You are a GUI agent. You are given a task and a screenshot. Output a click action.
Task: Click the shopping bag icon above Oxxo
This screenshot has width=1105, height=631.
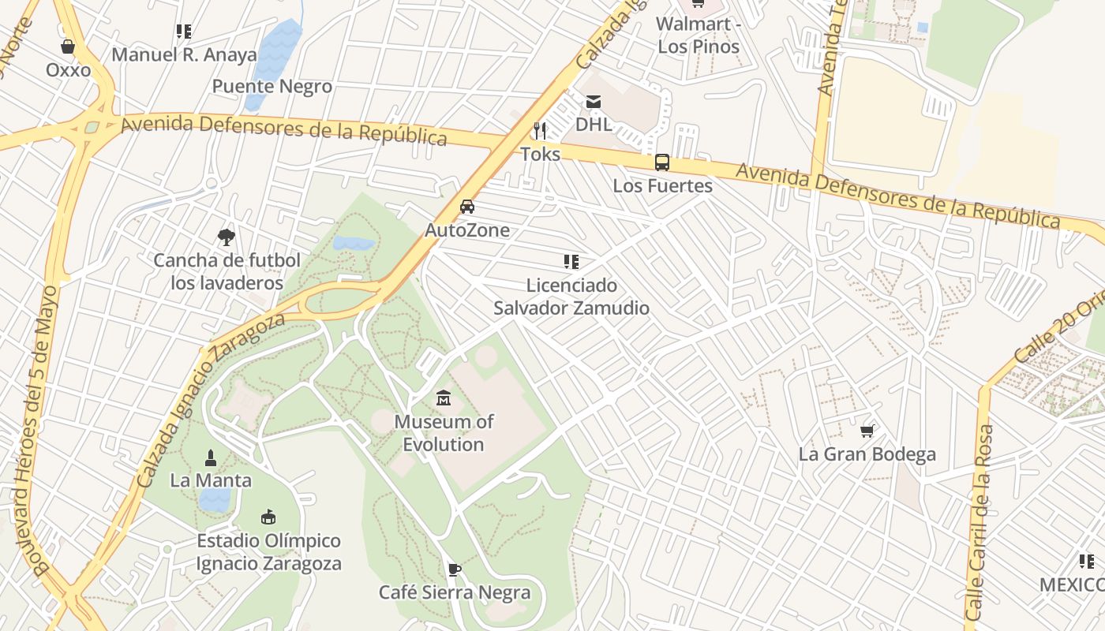click(68, 47)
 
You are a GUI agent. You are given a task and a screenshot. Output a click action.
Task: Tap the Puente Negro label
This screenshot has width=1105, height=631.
click(272, 86)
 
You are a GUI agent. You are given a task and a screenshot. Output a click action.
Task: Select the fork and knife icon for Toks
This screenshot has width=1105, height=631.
click(540, 130)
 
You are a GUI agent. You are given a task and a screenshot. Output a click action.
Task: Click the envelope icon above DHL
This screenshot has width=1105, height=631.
click(593, 102)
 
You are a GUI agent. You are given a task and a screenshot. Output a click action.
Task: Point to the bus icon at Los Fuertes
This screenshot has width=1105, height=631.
click(662, 162)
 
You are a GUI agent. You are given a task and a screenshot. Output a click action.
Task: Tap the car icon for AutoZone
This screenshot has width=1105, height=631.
click(467, 207)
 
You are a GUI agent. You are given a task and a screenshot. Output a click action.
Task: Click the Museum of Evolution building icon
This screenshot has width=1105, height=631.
click(444, 398)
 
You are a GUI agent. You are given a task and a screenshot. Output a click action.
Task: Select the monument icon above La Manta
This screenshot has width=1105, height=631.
click(211, 457)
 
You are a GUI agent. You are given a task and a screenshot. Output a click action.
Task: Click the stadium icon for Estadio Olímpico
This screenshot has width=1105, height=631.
click(268, 517)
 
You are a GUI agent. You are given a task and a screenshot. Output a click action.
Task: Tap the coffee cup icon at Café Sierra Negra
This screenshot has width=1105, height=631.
click(454, 569)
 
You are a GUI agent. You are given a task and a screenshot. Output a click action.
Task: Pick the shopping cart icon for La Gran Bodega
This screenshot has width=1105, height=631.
click(867, 431)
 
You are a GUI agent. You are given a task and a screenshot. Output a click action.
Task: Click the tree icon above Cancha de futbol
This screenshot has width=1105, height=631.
click(227, 237)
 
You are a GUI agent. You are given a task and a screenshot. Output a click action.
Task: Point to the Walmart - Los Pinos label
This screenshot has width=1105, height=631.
click(699, 35)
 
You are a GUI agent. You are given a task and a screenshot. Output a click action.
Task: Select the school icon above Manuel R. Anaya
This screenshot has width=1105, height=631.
click(184, 32)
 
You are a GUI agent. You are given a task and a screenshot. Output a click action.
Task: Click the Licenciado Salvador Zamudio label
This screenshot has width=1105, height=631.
click(571, 297)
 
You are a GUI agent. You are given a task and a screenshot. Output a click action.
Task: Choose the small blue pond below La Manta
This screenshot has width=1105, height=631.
click(215, 499)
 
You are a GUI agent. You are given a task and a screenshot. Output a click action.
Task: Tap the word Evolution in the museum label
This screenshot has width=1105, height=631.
click(444, 444)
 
